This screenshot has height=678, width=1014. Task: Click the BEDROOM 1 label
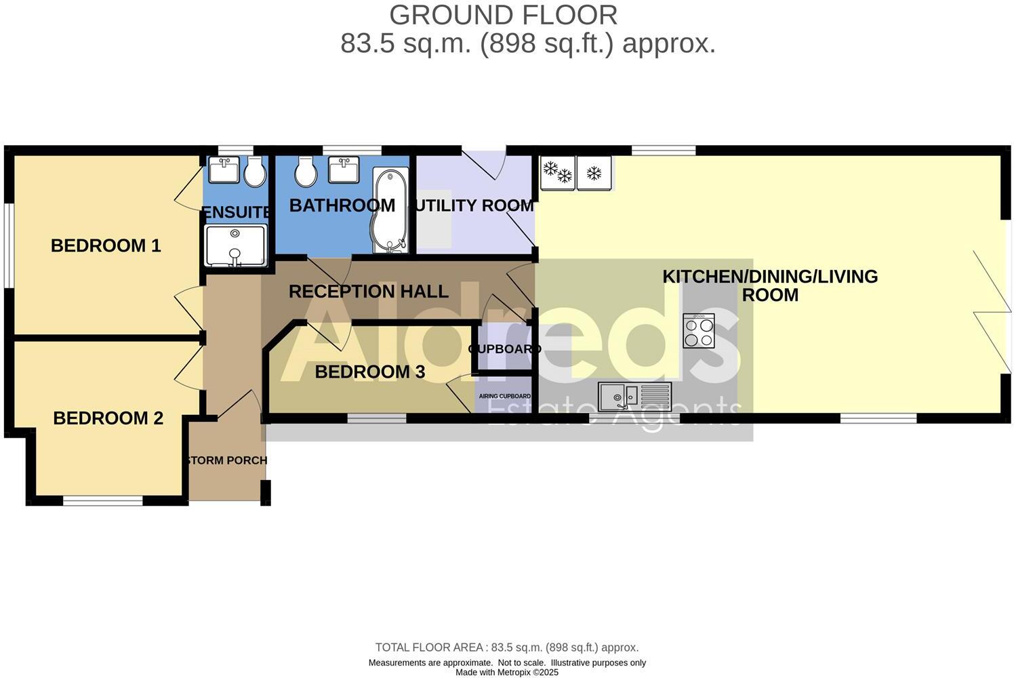pyautogui.click(x=106, y=245)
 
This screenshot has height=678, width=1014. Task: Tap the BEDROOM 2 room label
pyautogui.click(x=108, y=418)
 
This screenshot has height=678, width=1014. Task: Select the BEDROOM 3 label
pyautogui.click(x=369, y=372)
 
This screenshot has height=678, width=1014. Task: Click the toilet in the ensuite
pyautogui.click(x=255, y=172)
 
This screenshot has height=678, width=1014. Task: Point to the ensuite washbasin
pyautogui.click(x=223, y=170)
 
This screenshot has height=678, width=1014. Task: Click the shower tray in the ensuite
pyautogui.click(x=235, y=246)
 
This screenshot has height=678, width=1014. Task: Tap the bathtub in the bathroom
pyautogui.click(x=389, y=211)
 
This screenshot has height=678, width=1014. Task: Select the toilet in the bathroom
pyautogui.click(x=305, y=172)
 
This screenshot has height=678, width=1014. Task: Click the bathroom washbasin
pyautogui.click(x=344, y=169)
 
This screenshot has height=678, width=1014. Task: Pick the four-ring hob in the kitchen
pyautogui.click(x=698, y=331)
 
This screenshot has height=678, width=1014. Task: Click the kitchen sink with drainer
pyautogui.click(x=634, y=397)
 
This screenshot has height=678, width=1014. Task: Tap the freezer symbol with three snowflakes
pyautogui.click(x=558, y=172)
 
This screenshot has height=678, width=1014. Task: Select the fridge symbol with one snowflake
pyautogui.click(x=594, y=172)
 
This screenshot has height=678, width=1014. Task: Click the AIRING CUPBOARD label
pyautogui.click(x=504, y=396)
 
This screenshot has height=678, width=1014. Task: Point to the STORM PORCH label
pyautogui.click(x=227, y=460)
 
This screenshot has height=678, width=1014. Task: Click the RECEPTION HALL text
pyautogui.click(x=369, y=292)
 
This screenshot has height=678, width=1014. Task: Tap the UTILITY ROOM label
pyautogui.click(x=474, y=205)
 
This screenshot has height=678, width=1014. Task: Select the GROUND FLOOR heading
pyautogui.click(x=503, y=15)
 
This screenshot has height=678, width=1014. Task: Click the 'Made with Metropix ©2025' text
pyautogui.click(x=506, y=673)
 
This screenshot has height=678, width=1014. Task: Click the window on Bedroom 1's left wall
pyautogui.click(x=8, y=245)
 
